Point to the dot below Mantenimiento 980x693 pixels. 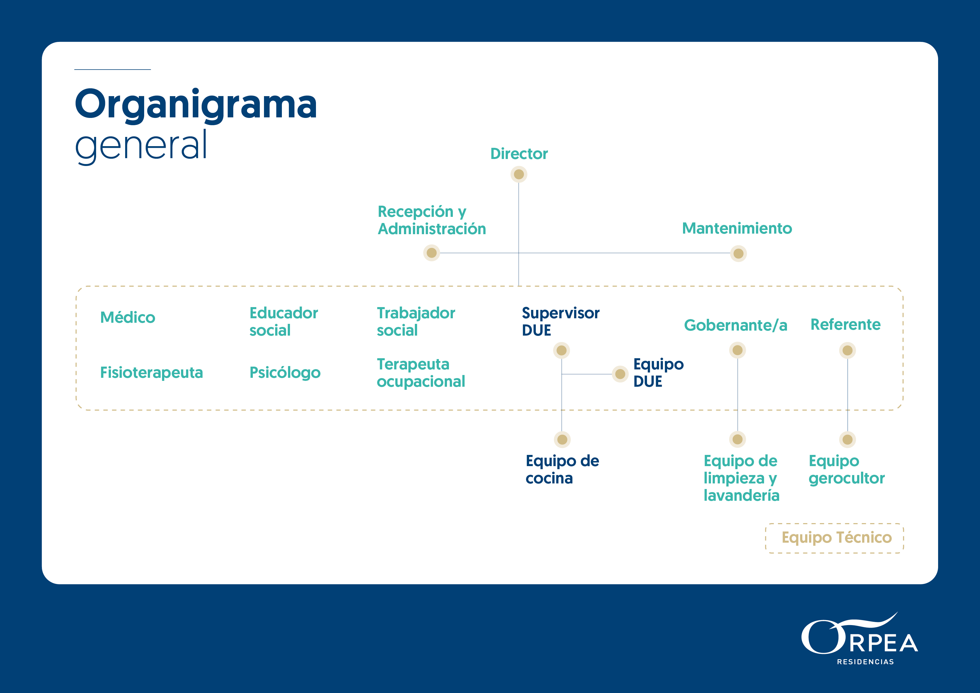(738, 254)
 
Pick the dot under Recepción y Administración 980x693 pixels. (432, 253)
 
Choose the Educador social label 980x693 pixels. (284, 322)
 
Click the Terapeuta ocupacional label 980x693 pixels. (420, 373)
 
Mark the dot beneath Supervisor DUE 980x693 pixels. (562, 351)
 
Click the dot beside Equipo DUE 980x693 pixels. (620, 374)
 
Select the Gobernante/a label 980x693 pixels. (736, 325)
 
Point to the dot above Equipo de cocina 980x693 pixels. (562, 439)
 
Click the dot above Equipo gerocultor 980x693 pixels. (847, 439)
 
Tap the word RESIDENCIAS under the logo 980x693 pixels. (865, 662)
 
